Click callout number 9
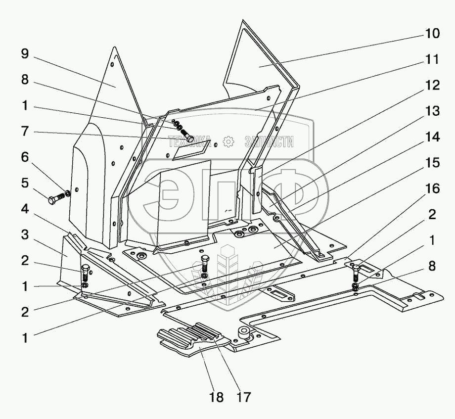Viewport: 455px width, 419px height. coord(25,54)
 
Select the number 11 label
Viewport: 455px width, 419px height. coord(432,59)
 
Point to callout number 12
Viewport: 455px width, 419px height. coord(432,85)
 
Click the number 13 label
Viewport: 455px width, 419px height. coord(432,111)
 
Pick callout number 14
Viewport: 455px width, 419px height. coord(432,137)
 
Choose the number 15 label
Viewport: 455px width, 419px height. coord(432,163)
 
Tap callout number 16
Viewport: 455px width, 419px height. coord(432,188)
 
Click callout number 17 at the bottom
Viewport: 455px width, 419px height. coord(243,397)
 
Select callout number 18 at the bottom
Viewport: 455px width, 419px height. coord(217,397)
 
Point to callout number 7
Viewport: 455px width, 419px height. coord(25,132)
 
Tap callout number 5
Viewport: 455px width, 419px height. coord(25,183)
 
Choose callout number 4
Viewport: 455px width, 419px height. coord(25,209)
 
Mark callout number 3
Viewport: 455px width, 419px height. coord(25,235)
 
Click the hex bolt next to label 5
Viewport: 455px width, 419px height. coord(56,198)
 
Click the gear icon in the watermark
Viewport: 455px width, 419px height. coord(228,142)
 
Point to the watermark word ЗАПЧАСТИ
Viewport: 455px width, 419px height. coord(269,142)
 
